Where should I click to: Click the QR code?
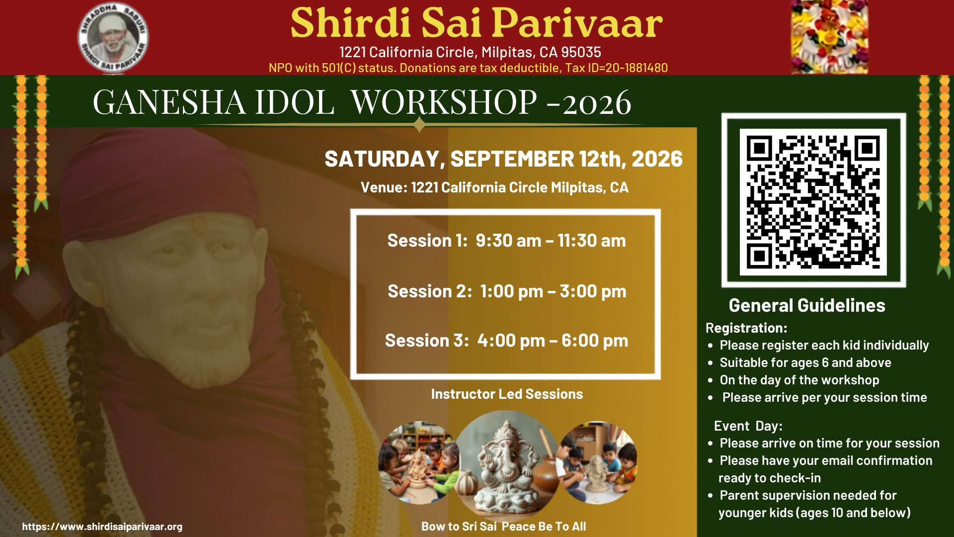click(x=813, y=202)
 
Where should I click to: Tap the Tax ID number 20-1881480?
click(x=636, y=68)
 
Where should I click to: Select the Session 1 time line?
click(x=506, y=241)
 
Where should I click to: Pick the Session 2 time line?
click(x=507, y=291)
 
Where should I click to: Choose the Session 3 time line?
click(x=506, y=341)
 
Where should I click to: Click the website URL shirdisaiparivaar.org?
click(x=102, y=527)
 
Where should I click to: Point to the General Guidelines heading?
click(x=807, y=305)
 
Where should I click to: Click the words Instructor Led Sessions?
click(x=507, y=394)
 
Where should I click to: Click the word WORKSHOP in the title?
click(x=444, y=102)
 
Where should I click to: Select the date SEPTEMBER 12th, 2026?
click(x=566, y=159)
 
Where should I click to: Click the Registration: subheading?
click(x=746, y=328)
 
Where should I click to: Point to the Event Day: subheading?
click(x=748, y=426)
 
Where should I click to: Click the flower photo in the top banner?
click(x=829, y=37)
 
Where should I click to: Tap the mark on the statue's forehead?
click(x=199, y=225)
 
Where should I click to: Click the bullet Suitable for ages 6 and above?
click(x=805, y=362)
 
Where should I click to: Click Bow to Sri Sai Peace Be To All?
click(x=503, y=527)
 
